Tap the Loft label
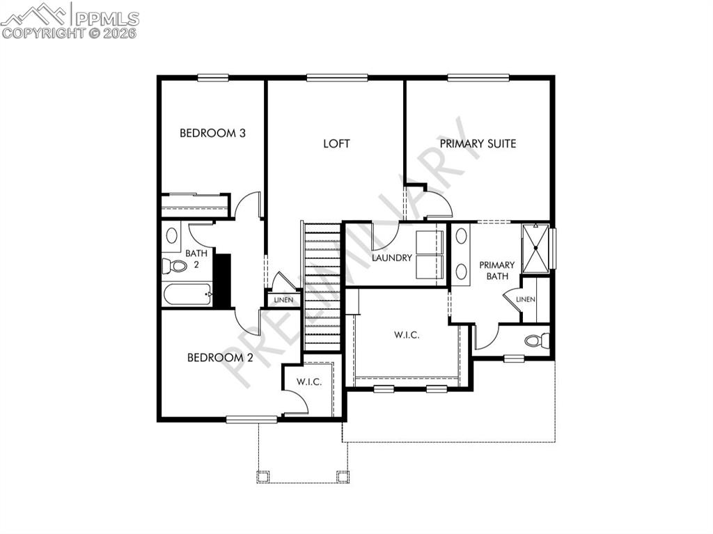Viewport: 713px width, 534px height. (336, 143)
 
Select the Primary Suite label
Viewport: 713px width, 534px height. (478, 143)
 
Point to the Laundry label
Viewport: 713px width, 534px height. (392, 258)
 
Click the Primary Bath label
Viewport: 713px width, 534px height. (496, 270)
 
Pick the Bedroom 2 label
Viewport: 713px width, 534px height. (220, 358)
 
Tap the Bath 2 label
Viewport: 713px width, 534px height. (196, 259)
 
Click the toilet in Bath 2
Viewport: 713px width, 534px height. (175, 266)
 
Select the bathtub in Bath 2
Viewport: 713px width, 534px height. (187, 295)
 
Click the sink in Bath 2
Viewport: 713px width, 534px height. (171, 235)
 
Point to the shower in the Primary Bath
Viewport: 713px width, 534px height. (536, 246)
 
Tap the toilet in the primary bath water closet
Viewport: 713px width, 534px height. (537, 341)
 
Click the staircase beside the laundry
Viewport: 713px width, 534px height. (322, 285)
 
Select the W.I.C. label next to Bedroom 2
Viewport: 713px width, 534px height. (308, 382)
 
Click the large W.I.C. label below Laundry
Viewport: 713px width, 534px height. (406, 335)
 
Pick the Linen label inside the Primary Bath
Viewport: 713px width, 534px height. (526, 299)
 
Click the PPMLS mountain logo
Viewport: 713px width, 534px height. (35, 15)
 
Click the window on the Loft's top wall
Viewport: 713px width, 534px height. (337, 78)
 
